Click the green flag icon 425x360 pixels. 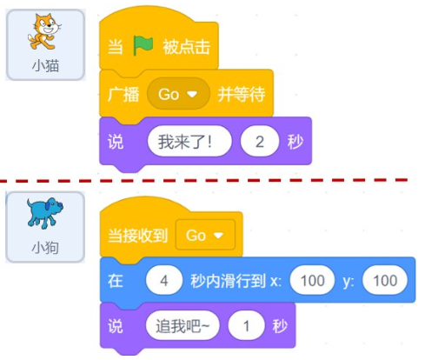click(143, 46)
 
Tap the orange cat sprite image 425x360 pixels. click(44, 32)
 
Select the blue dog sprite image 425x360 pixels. click(45, 213)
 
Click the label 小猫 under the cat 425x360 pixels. click(45, 66)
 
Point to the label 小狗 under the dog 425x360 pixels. click(45, 248)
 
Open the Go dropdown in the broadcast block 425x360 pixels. click(178, 94)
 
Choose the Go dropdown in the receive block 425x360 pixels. click(205, 235)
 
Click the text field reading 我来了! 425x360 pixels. click(189, 142)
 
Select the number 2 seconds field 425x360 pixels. click(260, 142)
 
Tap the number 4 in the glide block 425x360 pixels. click(164, 280)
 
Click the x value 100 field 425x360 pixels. click(312, 280)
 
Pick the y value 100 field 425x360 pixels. click(385, 280)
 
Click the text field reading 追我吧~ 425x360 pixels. click(183, 326)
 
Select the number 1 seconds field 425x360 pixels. click(246, 326)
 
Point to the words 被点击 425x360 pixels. click(186, 47)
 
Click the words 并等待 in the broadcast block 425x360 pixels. click(242, 94)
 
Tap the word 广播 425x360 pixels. click(123, 95)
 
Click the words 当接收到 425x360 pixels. click(138, 235)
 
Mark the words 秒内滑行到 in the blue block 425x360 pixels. click(228, 281)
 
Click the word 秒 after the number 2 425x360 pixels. click(296, 142)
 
